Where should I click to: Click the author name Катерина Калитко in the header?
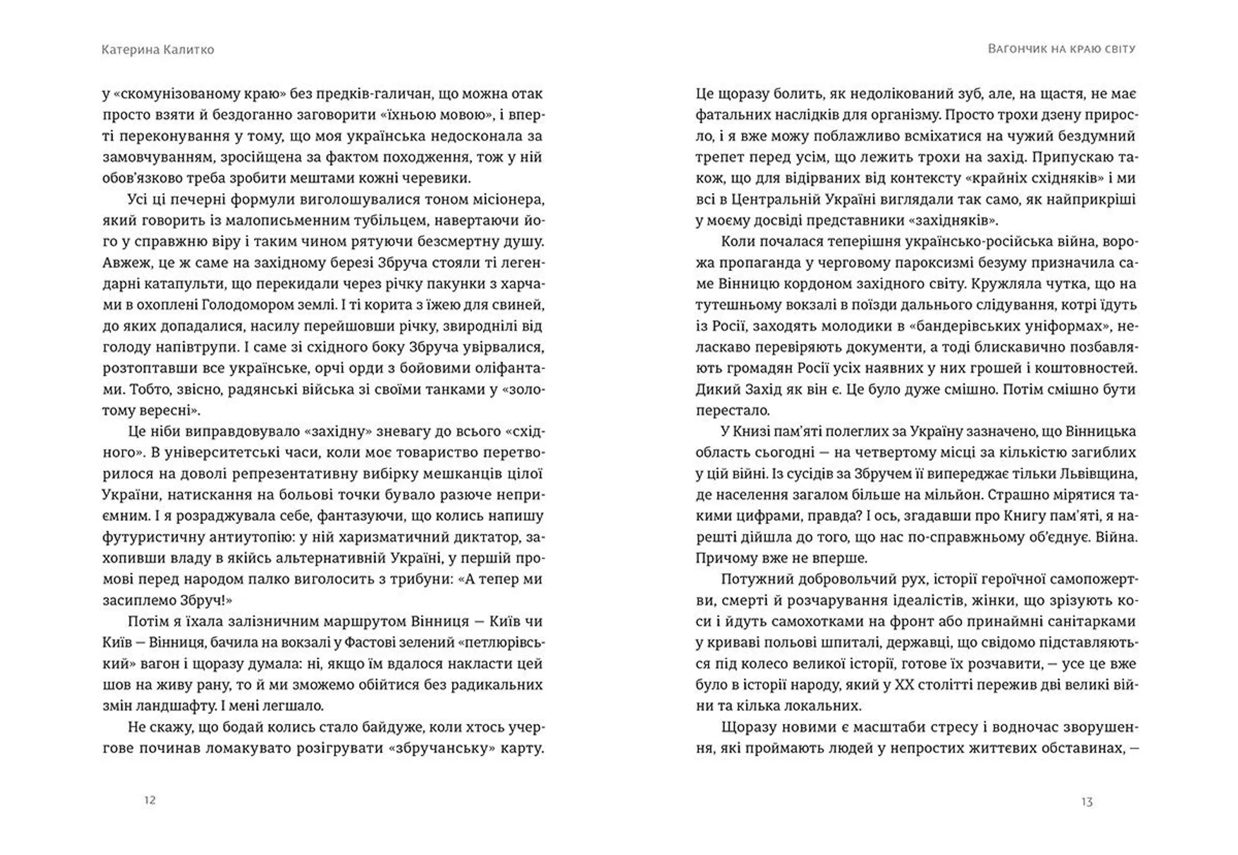[157, 50]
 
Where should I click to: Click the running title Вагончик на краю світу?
[1061, 49]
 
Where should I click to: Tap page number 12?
[150, 800]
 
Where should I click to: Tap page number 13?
[1086, 802]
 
